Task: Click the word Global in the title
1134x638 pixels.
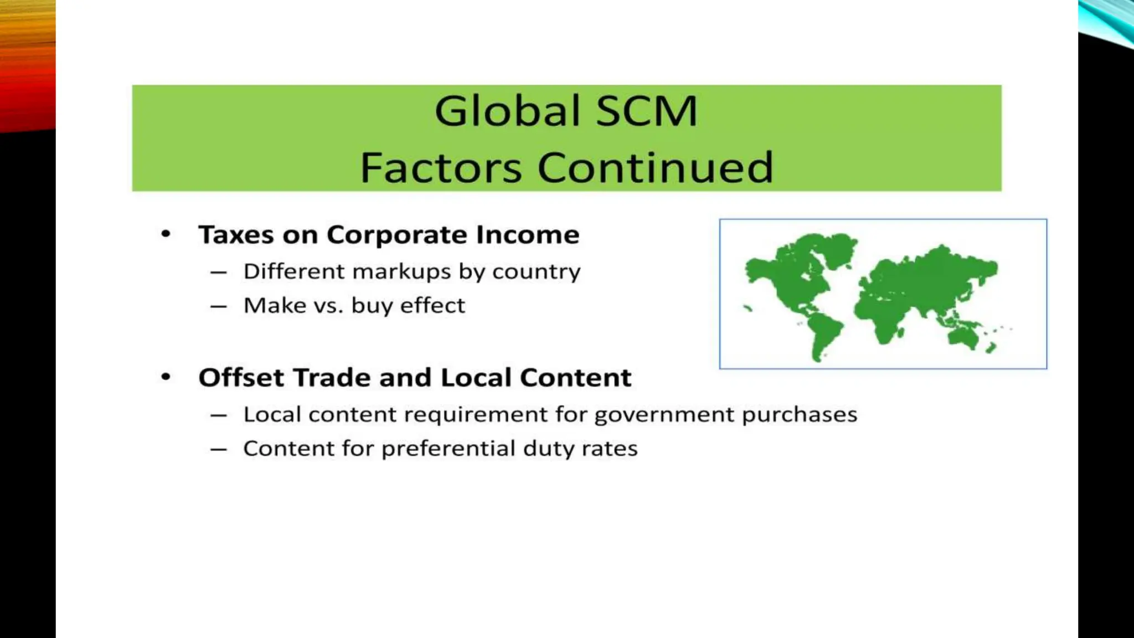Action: click(507, 111)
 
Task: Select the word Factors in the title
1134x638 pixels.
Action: click(441, 167)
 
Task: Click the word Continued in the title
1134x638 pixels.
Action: click(655, 167)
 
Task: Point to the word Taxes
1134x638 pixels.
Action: click(236, 235)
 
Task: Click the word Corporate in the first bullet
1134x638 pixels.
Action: click(395, 235)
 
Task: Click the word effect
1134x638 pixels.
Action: click(432, 306)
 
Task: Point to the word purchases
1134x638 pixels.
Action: click(799, 415)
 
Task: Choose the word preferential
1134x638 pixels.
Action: click(448, 449)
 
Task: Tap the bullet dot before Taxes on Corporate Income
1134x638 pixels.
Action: click(166, 234)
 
